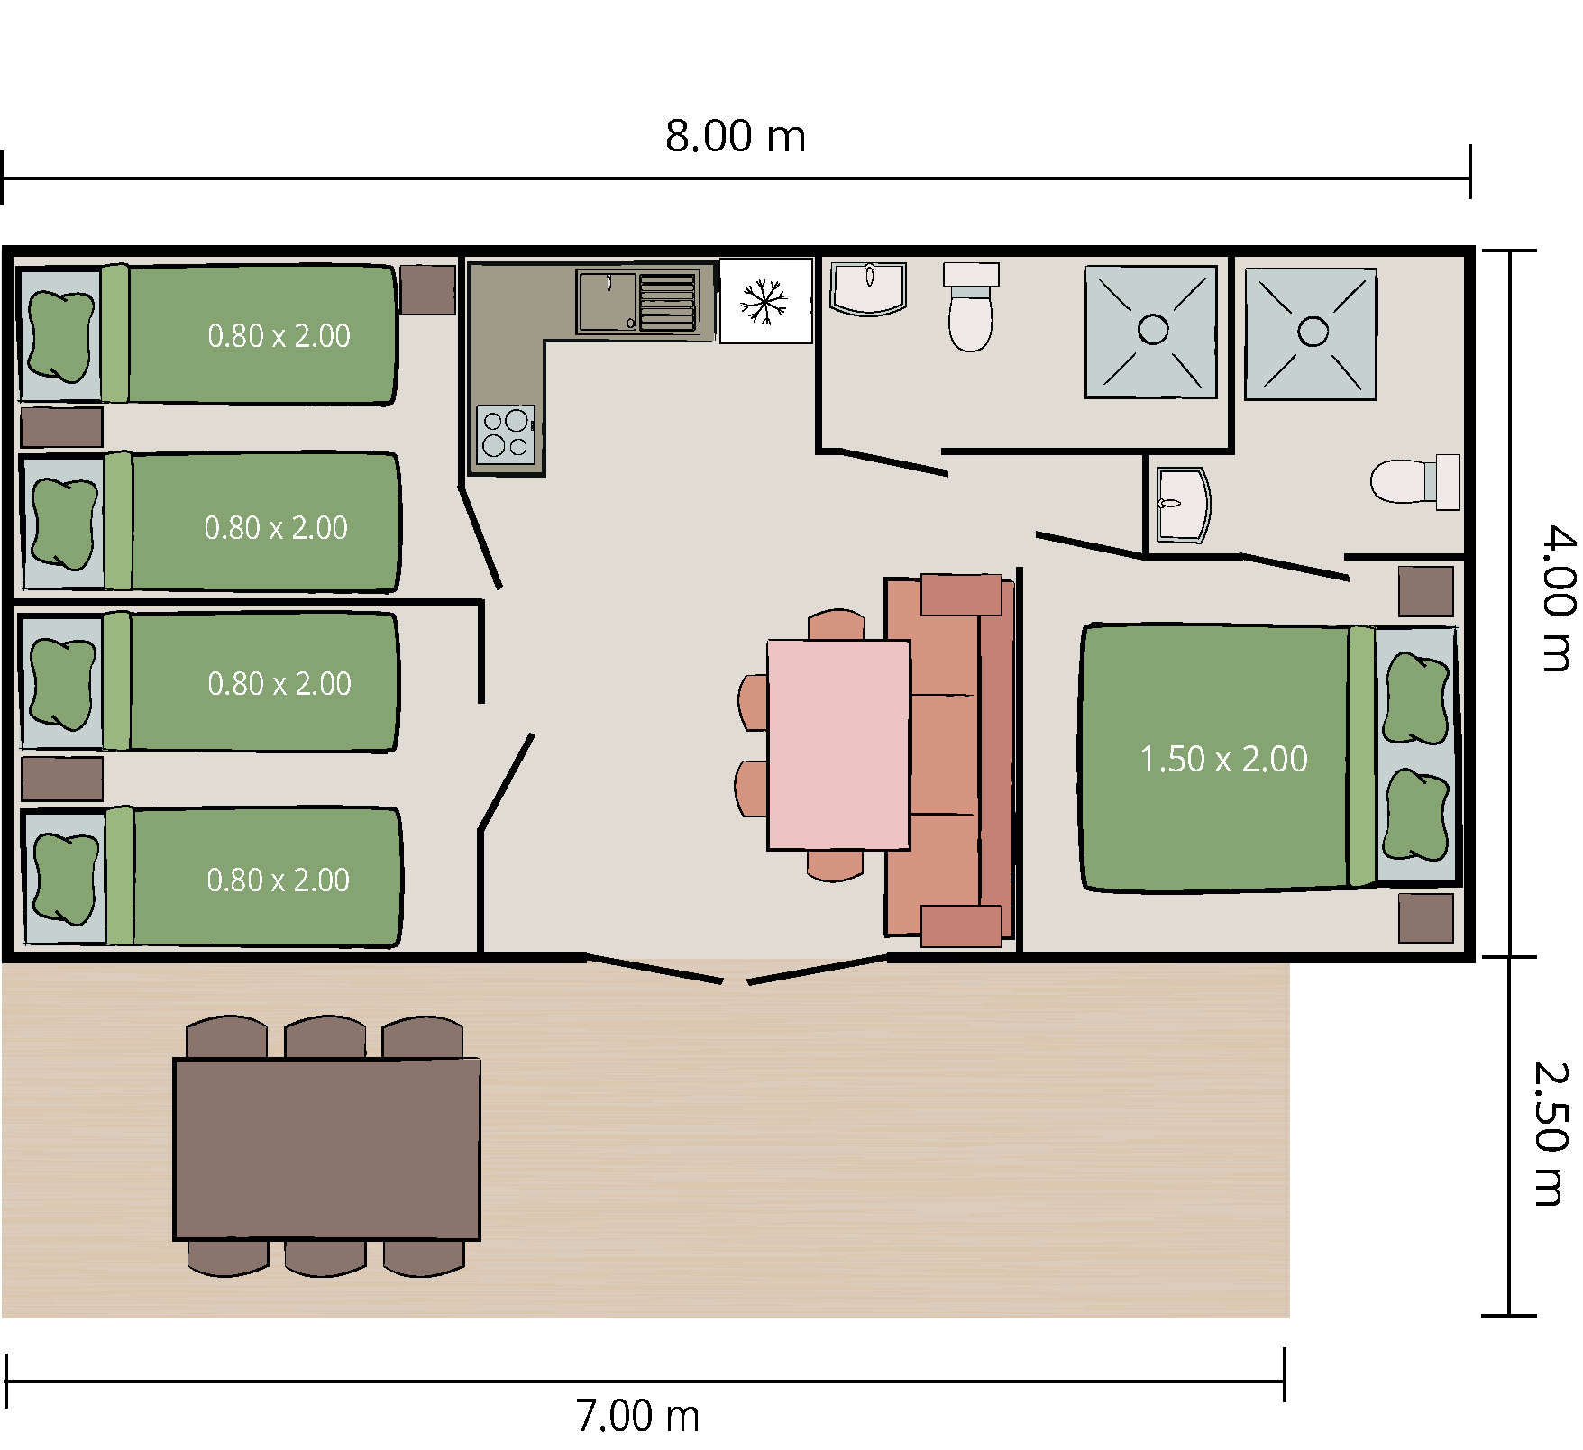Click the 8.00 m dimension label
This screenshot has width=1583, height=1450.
(735, 136)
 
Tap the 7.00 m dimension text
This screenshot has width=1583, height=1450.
(637, 1416)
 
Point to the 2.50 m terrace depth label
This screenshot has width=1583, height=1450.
(1551, 1134)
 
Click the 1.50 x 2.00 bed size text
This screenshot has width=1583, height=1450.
(1223, 759)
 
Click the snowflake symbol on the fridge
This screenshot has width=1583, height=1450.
(764, 302)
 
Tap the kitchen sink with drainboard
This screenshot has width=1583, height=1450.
(637, 302)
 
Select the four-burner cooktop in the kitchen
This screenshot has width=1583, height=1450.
(506, 434)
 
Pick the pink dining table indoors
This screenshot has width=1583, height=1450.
(838, 744)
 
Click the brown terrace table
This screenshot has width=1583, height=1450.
(326, 1149)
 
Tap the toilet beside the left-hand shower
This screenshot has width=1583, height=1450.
(971, 306)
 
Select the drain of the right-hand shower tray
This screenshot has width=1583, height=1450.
(1313, 332)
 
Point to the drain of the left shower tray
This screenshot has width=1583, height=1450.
(1153, 330)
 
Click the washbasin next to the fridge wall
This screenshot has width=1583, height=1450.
(868, 288)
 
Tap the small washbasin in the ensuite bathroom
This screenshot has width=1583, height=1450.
(1182, 505)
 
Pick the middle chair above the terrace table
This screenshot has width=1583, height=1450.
(325, 1036)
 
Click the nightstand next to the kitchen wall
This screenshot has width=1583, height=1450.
(427, 289)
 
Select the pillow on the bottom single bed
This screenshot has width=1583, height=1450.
(64, 879)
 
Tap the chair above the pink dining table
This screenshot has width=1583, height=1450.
(837, 625)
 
